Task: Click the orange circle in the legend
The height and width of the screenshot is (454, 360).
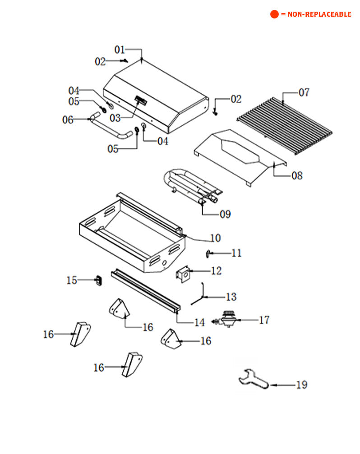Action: tap(274, 14)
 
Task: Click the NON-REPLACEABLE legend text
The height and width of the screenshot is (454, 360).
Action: tap(316, 14)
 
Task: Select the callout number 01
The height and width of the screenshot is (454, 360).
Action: tap(120, 50)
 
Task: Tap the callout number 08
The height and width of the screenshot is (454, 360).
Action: tap(297, 175)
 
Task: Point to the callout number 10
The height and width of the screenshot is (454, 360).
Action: tap(215, 238)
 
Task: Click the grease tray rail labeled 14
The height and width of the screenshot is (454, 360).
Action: tap(144, 293)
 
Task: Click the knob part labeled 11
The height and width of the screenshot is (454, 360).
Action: tap(208, 254)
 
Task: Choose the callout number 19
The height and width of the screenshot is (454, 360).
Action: tap(301, 385)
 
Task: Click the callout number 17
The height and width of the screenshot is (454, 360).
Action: tap(264, 320)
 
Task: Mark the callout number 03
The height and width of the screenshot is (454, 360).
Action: tap(115, 118)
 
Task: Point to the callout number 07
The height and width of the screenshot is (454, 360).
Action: tap(304, 92)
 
